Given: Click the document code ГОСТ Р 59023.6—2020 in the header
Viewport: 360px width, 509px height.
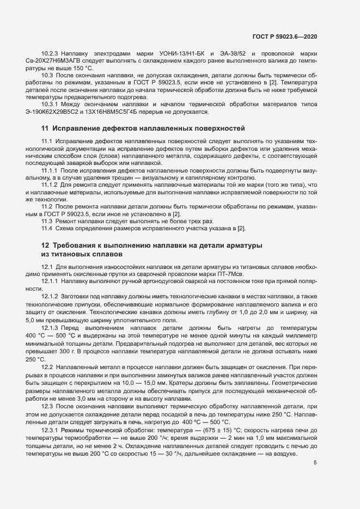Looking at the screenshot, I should tap(285, 36).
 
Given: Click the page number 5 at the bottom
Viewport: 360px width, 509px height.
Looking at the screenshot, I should tap(315, 447).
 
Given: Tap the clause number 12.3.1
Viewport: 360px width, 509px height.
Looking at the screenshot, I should tap(51, 415).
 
